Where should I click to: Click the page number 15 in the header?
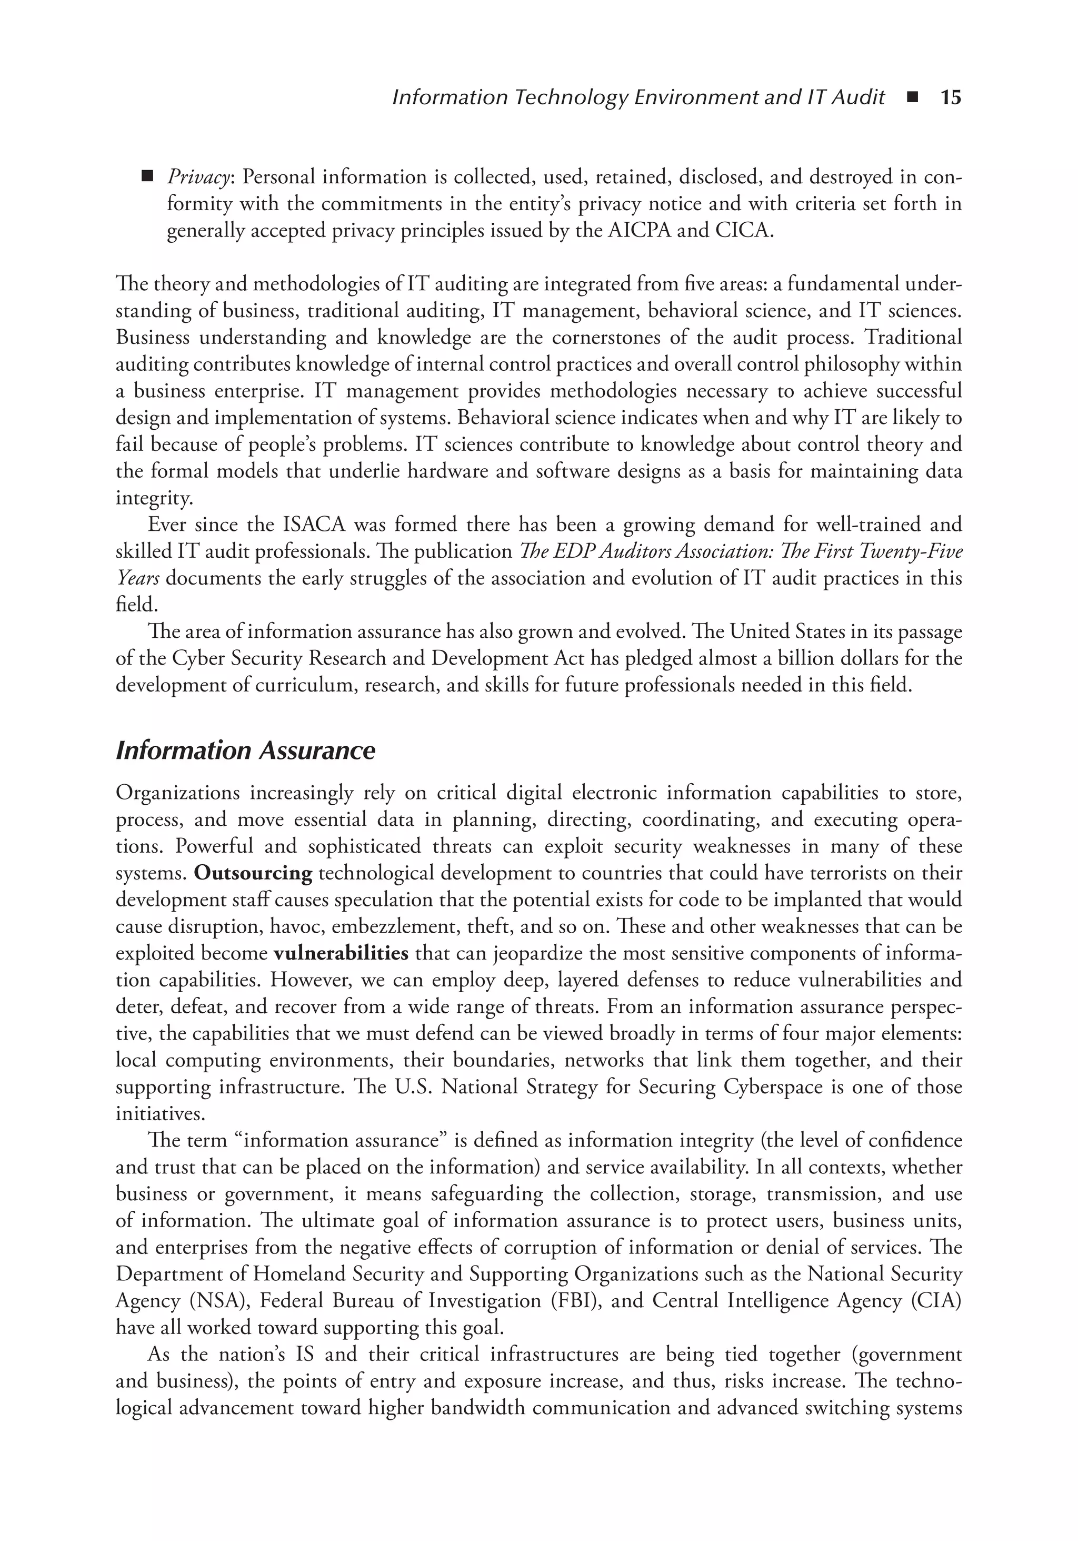[x=951, y=98]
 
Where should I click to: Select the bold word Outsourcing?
[x=253, y=873]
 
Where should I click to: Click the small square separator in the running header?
[x=912, y=98]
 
